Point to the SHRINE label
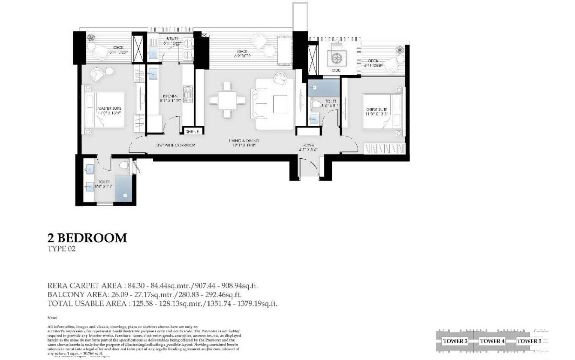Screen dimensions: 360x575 [x=192, y=132]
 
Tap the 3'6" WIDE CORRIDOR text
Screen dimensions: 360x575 [x=176, y=145]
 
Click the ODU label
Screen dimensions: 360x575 [x=336, y=70]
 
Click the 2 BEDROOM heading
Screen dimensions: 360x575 [x=87, y=238]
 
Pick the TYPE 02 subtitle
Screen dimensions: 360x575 [x=61, y=249]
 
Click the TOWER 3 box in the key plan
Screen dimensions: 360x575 [x=455, y=341]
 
